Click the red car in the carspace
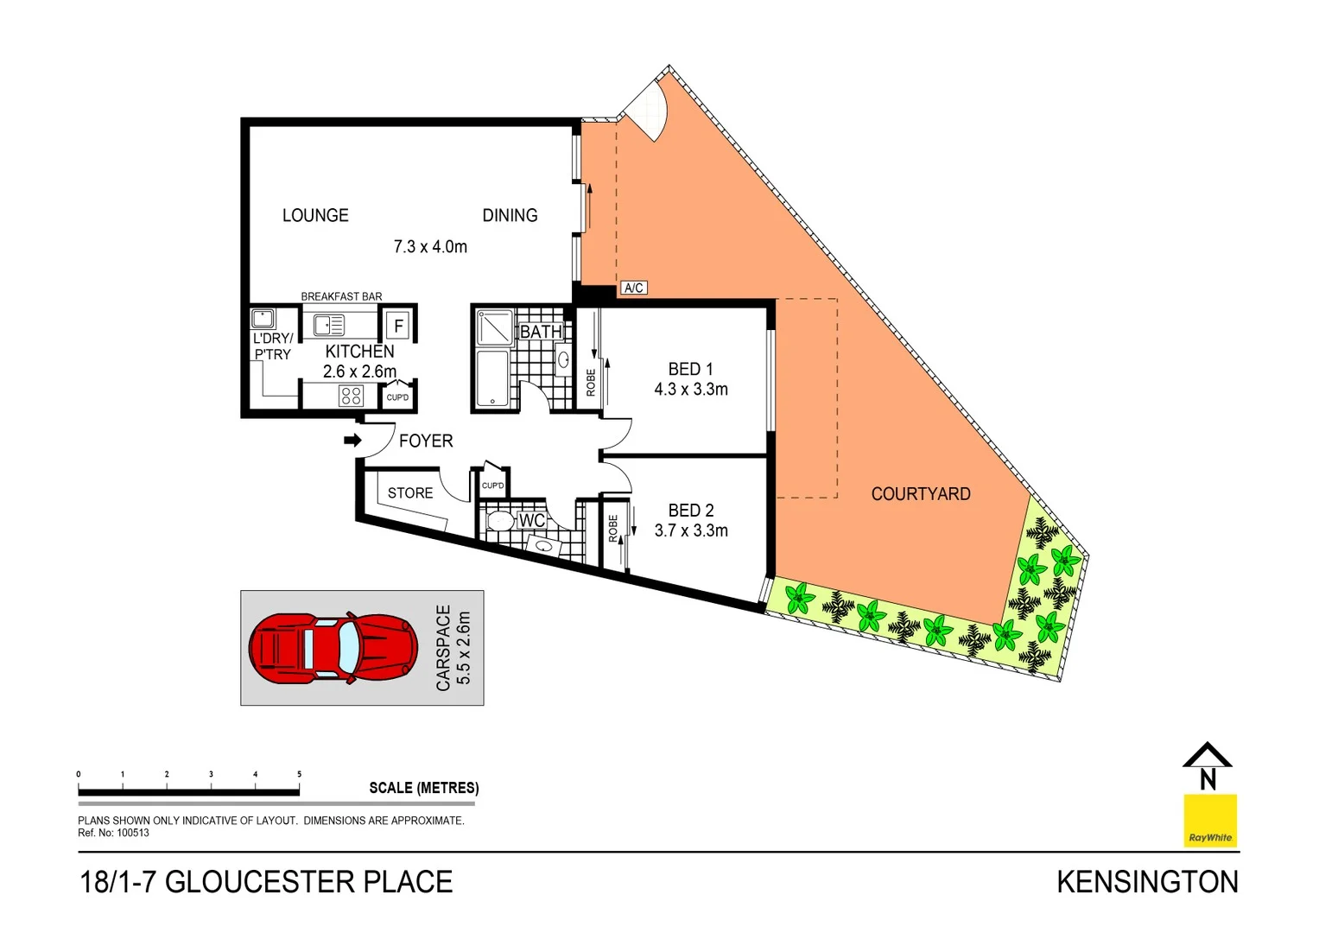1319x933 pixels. click(x=333, y=648)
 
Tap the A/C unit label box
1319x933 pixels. click(x=633, y=288)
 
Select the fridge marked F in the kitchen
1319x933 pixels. click(x=398, y=326)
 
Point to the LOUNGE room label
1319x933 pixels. click(x=315, y=215)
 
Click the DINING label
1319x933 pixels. click(x=510, y=215)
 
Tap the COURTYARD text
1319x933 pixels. click(x=921, y=494)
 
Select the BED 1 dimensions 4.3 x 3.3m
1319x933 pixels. click(x=691, y=390)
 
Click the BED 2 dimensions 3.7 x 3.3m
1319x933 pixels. click(x=691, y=531)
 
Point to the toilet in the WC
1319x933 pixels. click(x=499, y=521)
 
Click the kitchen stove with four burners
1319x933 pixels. click(x=351, y=396)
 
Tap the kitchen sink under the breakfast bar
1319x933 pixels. click(x=328, y=325)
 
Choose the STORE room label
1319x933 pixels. click(x=410, y=493)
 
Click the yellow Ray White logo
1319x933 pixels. click(x=1209, y=821)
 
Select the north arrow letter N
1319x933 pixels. click(x=1208, y=779)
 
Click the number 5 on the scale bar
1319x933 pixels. click(x=300, y=774)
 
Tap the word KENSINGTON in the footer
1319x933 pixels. click(x=1147, y=882)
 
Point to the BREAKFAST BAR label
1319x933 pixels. click(x=341, y=296)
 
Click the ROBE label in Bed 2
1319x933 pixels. click(x=613, y=528)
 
